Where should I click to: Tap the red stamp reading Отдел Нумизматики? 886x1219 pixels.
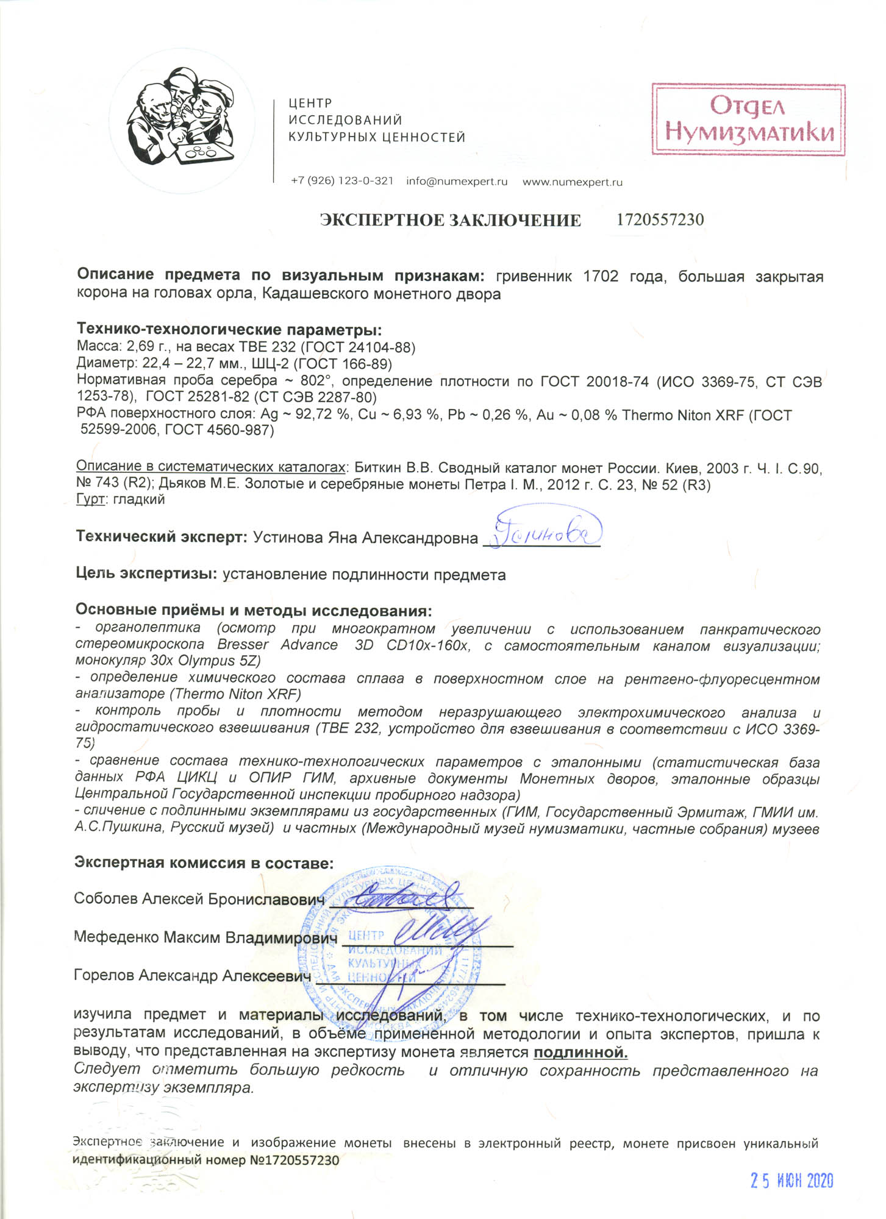pyautogui.click(x=748, y=120)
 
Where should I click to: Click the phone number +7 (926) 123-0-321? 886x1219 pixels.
pyautogui.click(x=342, y=182)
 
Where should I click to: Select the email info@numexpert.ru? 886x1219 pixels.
pyautogui.click(x=457, y=182)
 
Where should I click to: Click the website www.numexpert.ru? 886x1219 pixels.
pyautogui.click(x=572, y=182)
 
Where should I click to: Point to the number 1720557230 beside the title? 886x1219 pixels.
pyautogui.click(x=660, y=219)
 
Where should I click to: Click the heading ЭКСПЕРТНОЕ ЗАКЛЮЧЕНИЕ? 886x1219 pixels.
pyautogui.click(x=450, y=220)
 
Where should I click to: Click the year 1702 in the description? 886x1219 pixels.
pyautogui.click(x=601, y=277)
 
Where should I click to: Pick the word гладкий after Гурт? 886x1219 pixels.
pyautogui.click(x=139, y=500)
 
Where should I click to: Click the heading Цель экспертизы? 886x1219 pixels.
pyautogui.click(x=146, y=574)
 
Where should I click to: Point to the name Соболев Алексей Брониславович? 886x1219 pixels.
pyautogui.click(x=199, y=900)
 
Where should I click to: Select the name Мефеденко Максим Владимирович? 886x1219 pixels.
pyautogui.click(x=205, y=937)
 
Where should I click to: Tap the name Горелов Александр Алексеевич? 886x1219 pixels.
pyautogui.click(x=192, y=976)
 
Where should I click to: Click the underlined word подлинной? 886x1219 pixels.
pyautogui.click(x=581, y=1053)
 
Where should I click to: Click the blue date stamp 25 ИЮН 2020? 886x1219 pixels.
pyautogui.click(x=791, y=1181)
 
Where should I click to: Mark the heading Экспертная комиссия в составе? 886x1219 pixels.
pyautogui.click(x=204, y=862)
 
